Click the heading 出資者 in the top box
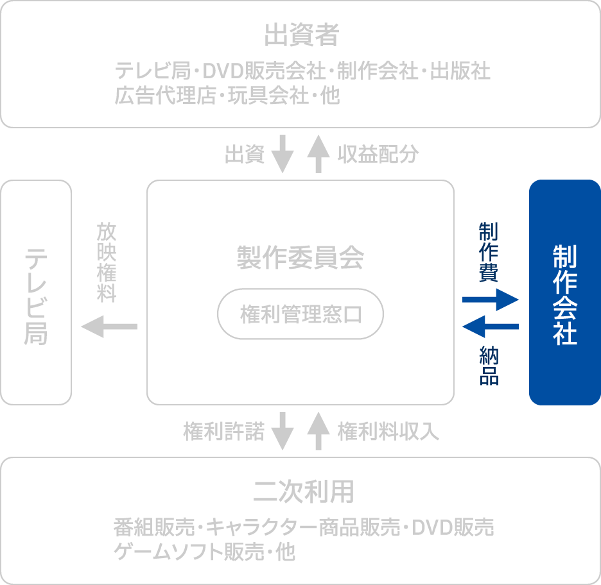point(301,36)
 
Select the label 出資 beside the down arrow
point(245,155)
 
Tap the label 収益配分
point(378,155)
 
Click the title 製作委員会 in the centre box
point(300,258)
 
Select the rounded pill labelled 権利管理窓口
point(300,315)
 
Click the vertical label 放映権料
point(107,262)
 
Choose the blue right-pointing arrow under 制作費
point(491,299)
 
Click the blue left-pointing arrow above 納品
point(491,327)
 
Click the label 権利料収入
point(388,432)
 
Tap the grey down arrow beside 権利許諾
point(283,431)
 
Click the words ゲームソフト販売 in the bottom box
point(186,552)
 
